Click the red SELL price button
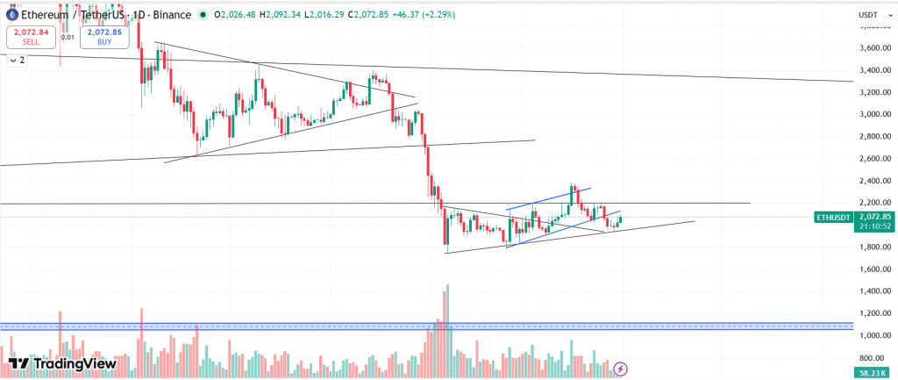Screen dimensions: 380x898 tap(32, 36)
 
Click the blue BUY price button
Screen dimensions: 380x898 tap(105, 36)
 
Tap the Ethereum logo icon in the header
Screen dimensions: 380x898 tap(11, 14)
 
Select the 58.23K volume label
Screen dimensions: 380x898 tap(870, 373)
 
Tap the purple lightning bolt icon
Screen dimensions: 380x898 tap(621, 369)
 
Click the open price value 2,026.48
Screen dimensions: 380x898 tap(238, 14)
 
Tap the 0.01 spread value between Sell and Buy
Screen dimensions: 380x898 tap(68, 37)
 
